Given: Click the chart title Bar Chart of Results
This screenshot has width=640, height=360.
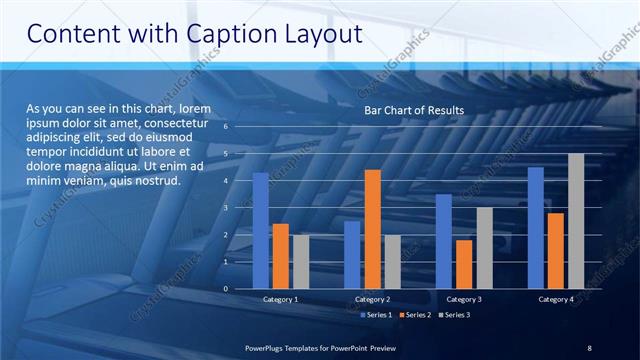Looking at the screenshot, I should pos(413,109).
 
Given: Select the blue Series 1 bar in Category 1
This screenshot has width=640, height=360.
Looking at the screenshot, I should pos(260,230).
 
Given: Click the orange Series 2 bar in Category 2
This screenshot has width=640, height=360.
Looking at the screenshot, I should pos(372,229).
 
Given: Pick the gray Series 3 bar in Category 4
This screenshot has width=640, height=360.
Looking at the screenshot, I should pos(576,221).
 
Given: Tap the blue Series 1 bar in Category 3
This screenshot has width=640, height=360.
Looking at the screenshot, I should pos(444,241).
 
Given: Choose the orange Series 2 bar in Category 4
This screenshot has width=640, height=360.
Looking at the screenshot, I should pos(556,250).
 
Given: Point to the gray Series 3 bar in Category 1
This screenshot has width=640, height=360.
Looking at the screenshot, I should pos(301,261).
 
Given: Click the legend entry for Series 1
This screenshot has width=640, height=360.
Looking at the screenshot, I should pos(374,315).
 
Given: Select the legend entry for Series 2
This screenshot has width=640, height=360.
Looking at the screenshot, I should pos(413,315).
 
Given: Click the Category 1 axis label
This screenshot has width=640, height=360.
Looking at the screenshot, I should pos(281,299).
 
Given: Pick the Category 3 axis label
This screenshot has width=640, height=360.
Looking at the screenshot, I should pos(464,299).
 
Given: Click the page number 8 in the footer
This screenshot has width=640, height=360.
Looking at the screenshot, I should pos(590,347).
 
